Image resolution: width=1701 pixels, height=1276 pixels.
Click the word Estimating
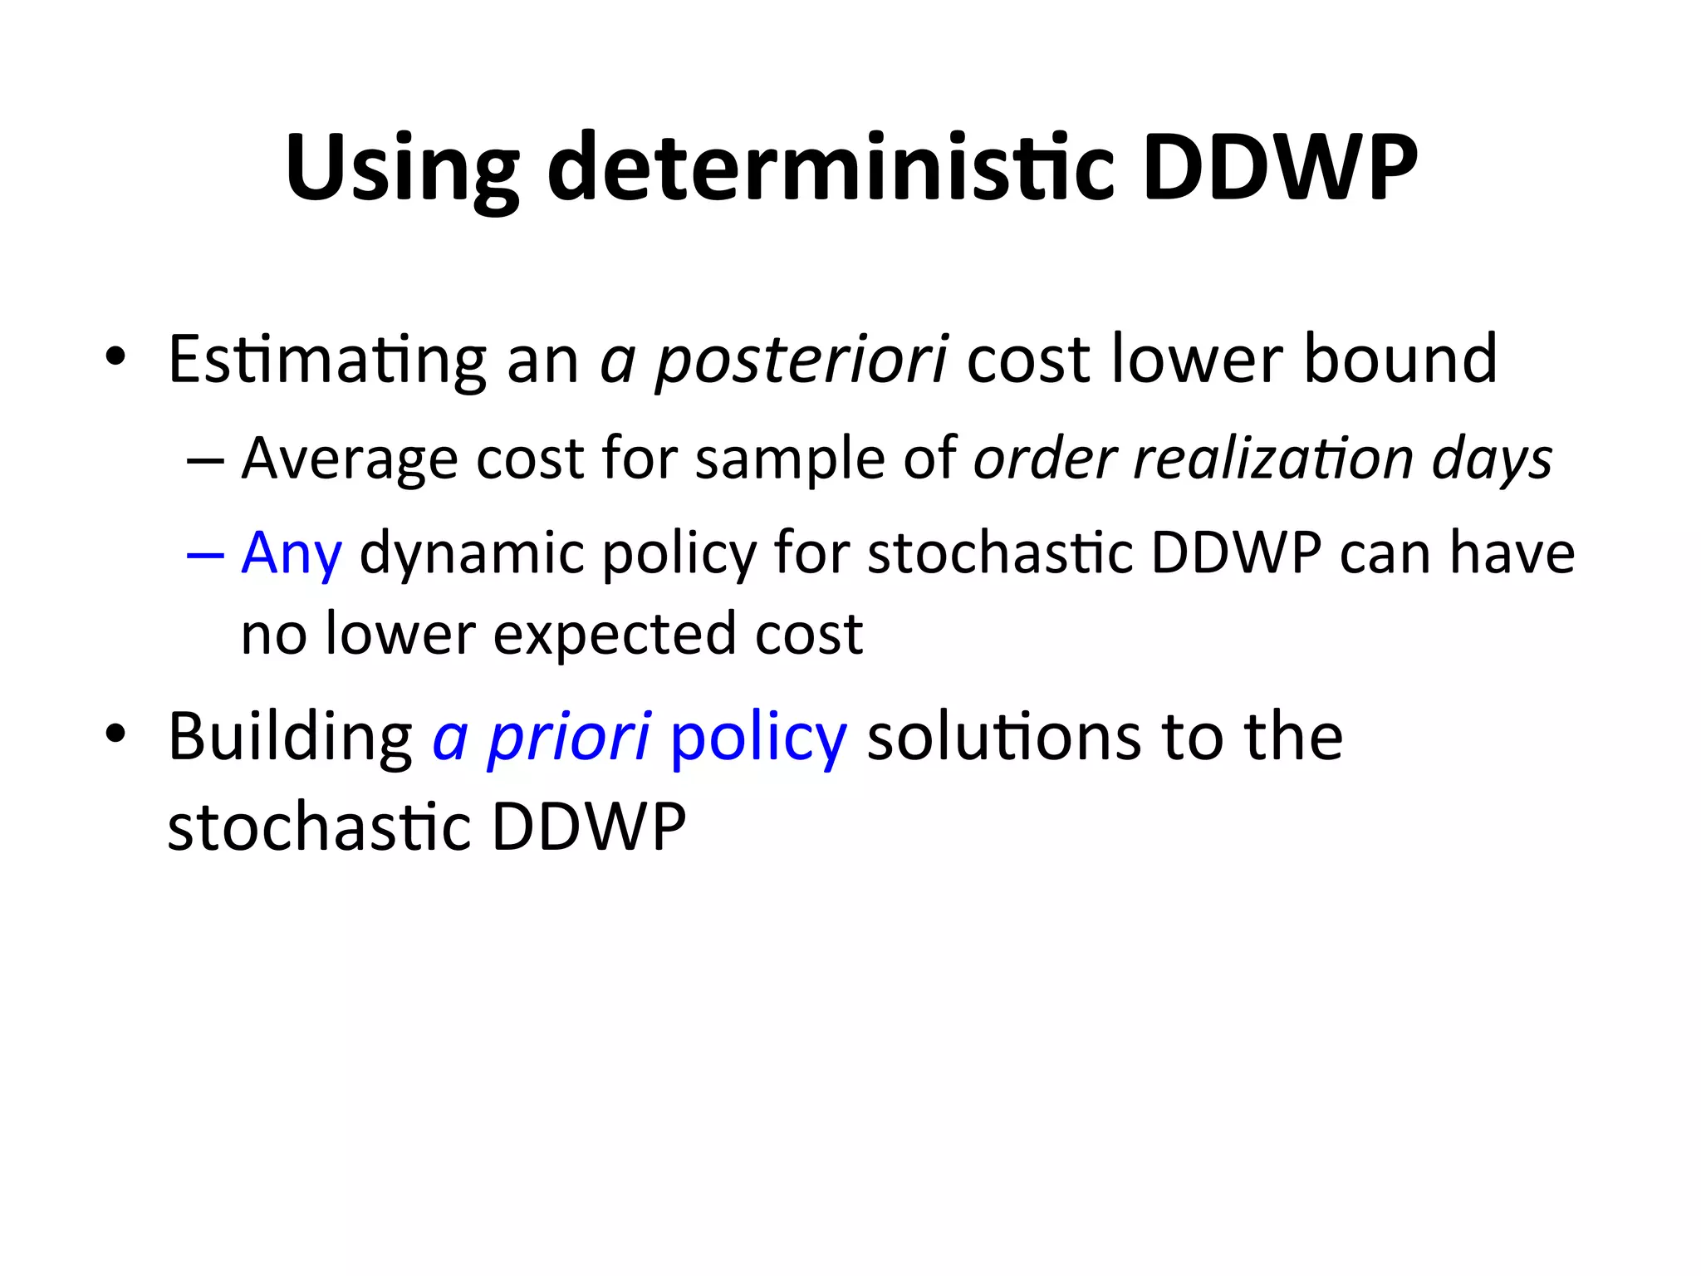(x=326, y=361)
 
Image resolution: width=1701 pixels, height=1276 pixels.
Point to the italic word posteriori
(x=801, y=361)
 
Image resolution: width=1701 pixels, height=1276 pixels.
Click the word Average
(x=349, y=459)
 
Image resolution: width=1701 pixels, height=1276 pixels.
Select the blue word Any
(x=292, y=554)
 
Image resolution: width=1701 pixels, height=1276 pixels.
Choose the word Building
(x=290, y=738)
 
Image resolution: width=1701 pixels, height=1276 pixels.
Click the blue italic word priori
(x=569, y=738)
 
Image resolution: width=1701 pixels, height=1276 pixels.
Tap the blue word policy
(x=757, y=738)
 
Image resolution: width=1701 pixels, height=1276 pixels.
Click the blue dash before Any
(x=205, y=554)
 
